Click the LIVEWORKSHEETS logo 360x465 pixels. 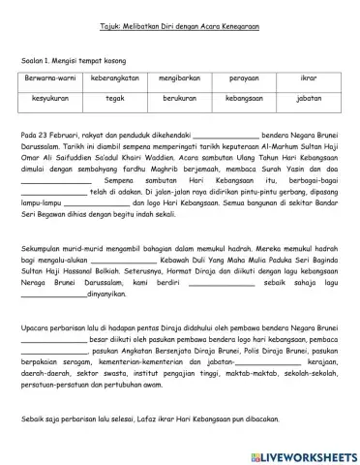coord(303,452)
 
